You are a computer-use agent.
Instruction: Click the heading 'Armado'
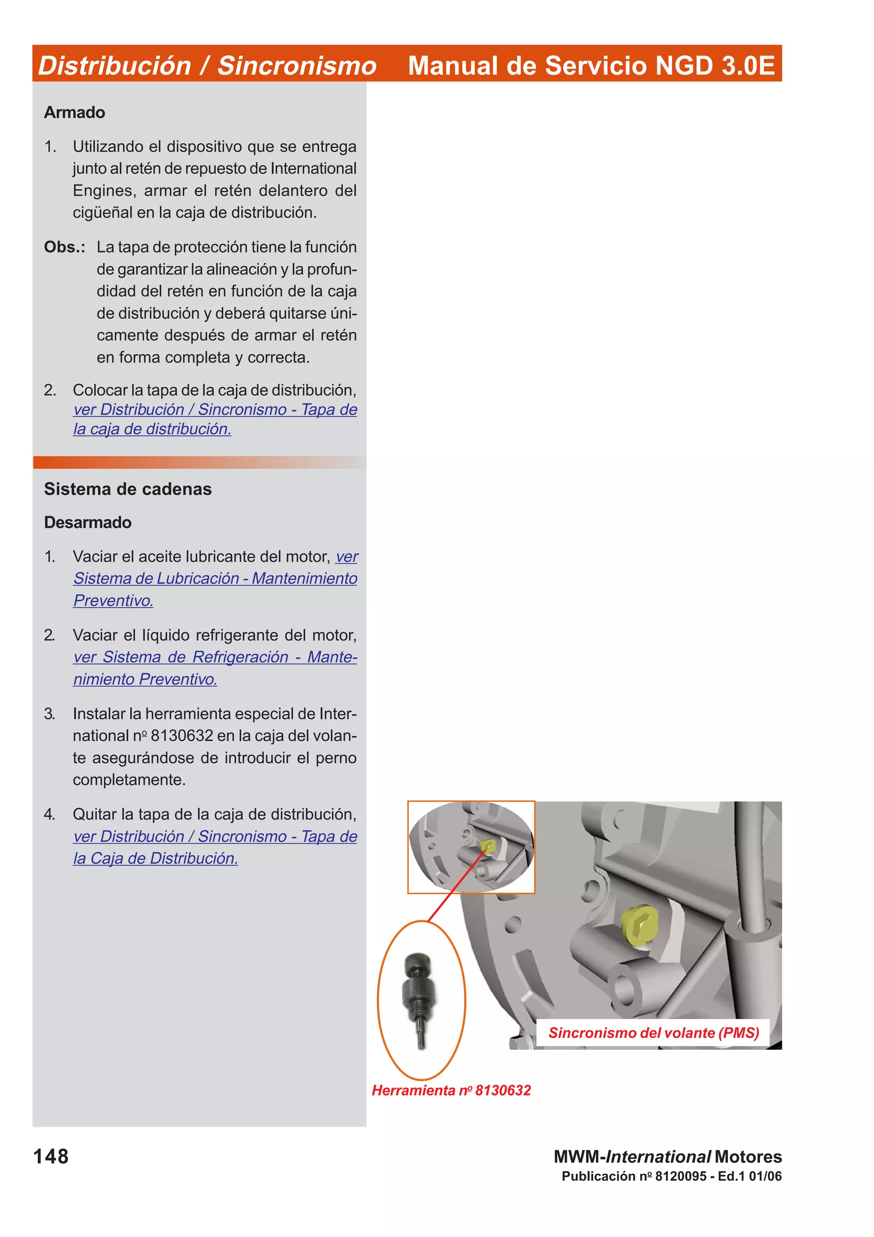[x=74, y=113]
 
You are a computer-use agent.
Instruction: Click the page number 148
[x=51, y=1156]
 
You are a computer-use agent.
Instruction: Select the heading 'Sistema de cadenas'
[x=128, y=489]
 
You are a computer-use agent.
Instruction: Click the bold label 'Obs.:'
[x=64, y=247]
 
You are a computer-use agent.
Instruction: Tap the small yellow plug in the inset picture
[x=488, y=845]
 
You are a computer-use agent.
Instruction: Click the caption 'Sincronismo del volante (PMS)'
[x=653, y=1033]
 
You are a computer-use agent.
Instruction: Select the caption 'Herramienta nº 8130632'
[x=451, y=1091]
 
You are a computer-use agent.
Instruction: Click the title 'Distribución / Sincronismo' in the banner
[x=207, y=66]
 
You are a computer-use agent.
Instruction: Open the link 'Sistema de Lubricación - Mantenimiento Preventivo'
[x=216, y=579]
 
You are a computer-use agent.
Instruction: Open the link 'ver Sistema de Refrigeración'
[x=216, y=657]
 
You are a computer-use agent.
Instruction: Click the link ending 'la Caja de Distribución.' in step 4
[x=156, y=858]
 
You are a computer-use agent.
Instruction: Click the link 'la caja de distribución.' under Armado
[x=152, y=429]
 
